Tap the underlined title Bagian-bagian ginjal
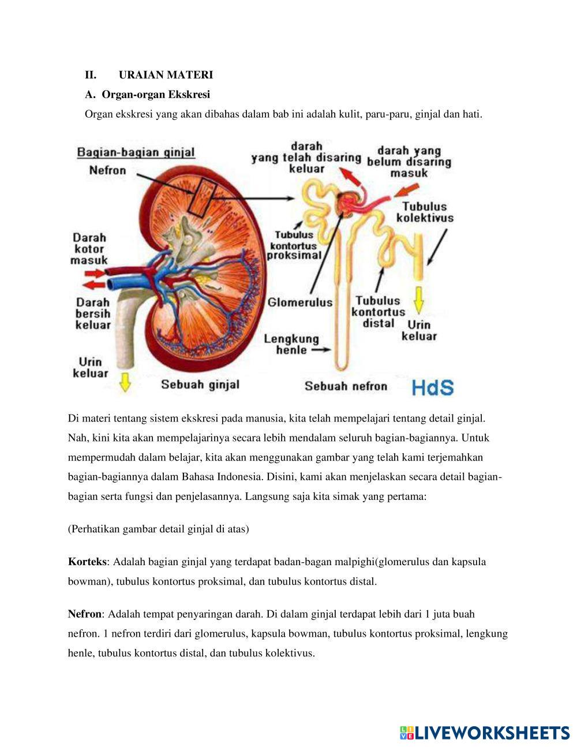click(x=136, y=152)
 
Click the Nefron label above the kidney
click(x=107, y=170)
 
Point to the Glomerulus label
click(x=300, y=302)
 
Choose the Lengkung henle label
click(x=291, y=344)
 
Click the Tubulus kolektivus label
click(x=425, y=212)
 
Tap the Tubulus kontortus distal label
click(x=378, y=312)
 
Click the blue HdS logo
click(x=433, y=387)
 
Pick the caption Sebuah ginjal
click(x=200, y=384)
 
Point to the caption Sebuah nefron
click(x=346, y=386)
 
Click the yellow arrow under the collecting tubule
click(x=419, y=300)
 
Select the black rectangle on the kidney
click(x=203, y=197)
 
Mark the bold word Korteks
click(x=87, y=562)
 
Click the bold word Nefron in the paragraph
click(x=84, y=614)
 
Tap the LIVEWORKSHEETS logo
click(x=485, y=733)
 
